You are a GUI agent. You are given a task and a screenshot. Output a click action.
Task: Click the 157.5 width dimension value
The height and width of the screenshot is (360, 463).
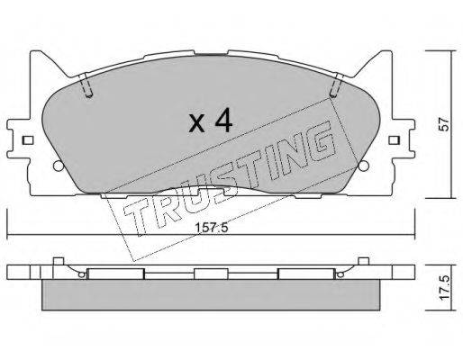point(212,228)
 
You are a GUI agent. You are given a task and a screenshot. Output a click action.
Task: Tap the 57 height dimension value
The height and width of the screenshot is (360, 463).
point(443,124)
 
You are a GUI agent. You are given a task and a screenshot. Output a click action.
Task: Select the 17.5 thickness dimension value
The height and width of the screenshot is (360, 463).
point(443,287)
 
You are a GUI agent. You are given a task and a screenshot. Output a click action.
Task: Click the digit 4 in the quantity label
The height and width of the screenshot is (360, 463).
point(223,120)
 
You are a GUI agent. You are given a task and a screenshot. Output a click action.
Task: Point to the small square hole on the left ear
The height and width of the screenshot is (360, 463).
point(27,140)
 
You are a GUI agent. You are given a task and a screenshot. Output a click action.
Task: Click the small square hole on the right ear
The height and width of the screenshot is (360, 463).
point(394,140)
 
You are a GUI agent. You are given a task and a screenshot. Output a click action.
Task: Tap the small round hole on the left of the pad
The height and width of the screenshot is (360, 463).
point(57,166)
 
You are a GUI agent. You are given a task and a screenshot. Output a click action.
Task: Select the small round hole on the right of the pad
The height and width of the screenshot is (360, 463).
point(364,166)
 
